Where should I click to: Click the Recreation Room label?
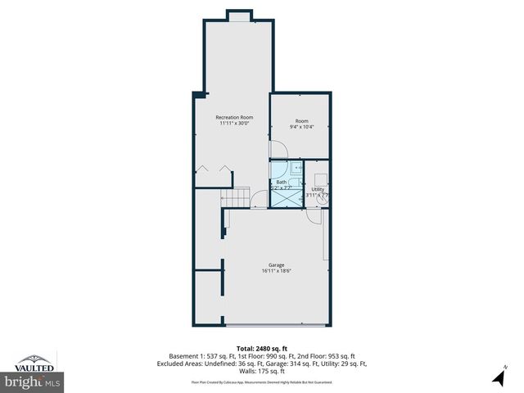(234, 117)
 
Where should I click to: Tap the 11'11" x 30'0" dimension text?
(234, 124)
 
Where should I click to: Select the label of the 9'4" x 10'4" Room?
(301, 120)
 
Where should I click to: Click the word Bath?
(282, 182)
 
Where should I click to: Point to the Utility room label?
(317, 189)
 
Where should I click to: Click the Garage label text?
(276, 264)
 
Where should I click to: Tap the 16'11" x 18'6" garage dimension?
(276, 271)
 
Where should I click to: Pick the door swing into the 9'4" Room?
(279, 150)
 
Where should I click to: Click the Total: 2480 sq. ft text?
(261, 348)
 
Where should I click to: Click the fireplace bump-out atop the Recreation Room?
(239, 16)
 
